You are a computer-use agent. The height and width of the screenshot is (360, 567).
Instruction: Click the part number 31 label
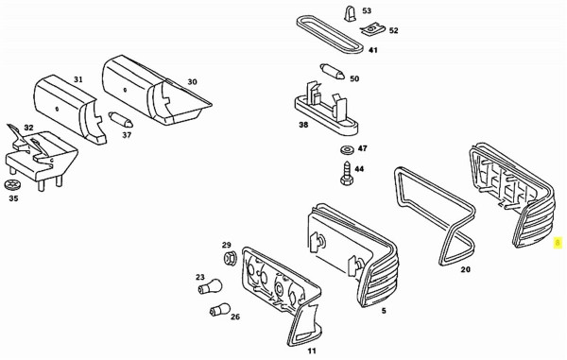point(78,79)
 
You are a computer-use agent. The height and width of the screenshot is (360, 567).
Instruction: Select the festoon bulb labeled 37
point(121,120)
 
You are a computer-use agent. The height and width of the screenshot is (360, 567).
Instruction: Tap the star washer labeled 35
point(13,185)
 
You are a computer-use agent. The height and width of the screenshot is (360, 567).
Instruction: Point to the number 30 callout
point(192,82)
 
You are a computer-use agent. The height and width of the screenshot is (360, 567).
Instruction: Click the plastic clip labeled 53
point(350,14)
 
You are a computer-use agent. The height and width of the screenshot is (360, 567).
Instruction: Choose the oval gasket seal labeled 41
point(330,34)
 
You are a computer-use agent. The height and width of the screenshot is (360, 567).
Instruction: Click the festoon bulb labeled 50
point(332,72)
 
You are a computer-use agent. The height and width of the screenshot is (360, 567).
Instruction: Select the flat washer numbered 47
point(348,149)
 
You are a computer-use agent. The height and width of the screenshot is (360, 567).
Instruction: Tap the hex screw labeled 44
point(347,173)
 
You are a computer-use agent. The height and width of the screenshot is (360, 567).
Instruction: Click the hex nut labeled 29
point(229,259)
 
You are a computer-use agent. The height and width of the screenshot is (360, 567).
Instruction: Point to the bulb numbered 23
point(210,286)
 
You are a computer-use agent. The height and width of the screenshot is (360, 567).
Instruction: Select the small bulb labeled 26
point(219,310)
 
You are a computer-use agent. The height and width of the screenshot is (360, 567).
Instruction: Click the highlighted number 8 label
point(558,243)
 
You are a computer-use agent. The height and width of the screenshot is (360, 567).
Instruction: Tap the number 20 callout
point(466,269)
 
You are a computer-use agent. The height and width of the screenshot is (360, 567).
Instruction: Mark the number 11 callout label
point(312,351)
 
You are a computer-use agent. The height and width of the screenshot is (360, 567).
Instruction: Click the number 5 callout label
point(384,311)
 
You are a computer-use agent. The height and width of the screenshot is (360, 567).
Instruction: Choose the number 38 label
point(303,125)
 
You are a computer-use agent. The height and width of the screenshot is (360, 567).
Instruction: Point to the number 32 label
point(28,128)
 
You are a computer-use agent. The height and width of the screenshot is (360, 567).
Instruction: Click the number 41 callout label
point(373,50)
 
